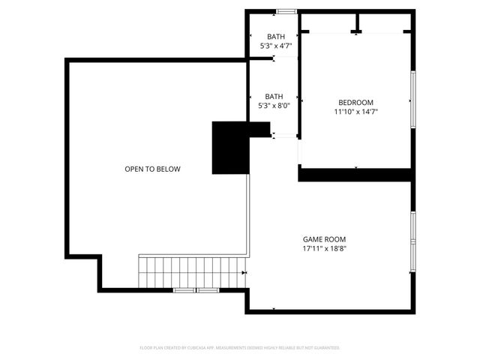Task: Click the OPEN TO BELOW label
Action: tap(152, 169)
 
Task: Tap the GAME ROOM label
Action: tap(324, 239)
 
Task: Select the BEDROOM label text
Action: tap(355, 103)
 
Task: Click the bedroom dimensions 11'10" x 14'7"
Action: tap(355, 112)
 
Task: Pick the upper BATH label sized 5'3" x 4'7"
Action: tap(274, 37)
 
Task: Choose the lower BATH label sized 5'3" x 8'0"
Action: tap(274, 96)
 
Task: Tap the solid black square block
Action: tap(230, 147)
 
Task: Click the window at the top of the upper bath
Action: tap(286, 11)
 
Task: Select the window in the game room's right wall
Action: tap(412, 239)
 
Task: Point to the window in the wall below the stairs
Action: tap(195, 289)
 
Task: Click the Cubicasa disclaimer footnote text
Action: tap(240, 348)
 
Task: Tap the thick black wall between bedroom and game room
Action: tap(355, 174)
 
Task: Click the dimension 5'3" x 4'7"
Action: tap(274, 46)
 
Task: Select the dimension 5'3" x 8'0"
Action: tap(274, 106)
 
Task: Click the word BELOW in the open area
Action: tap(169, 169)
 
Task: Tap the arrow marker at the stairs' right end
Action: tap(244, 273)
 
